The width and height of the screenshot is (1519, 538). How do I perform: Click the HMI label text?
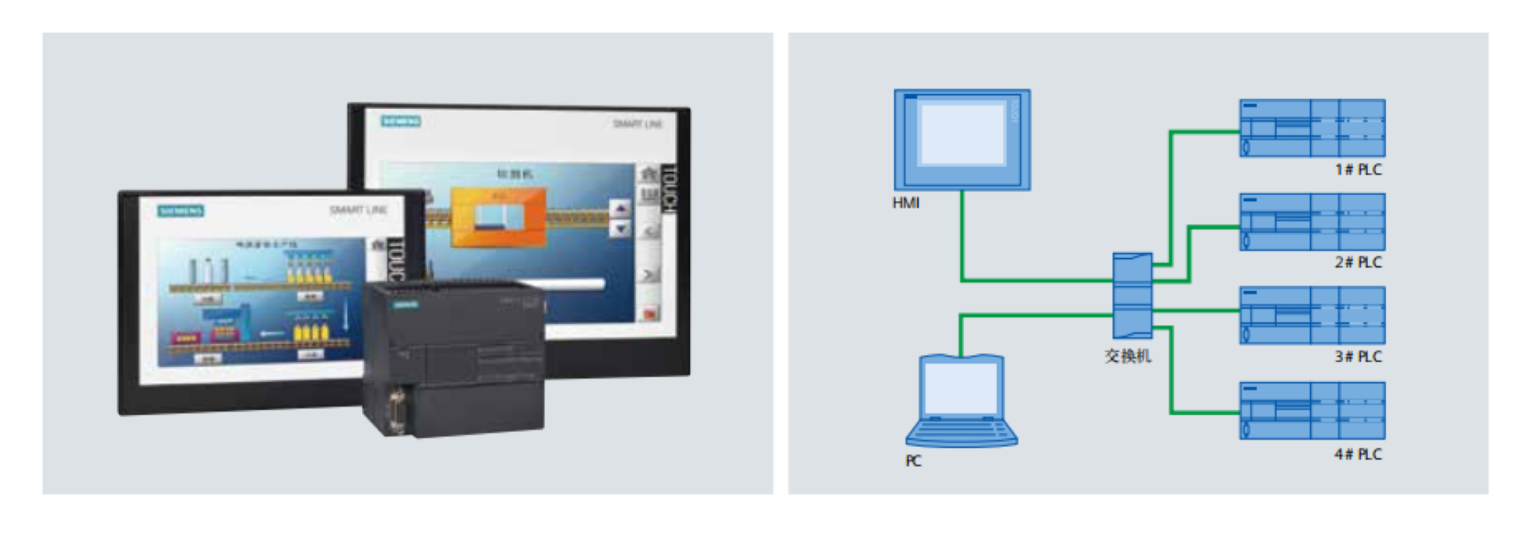pyautogui.click(x=905, y=203)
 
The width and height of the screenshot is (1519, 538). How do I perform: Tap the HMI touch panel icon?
pyautogui.click(x=962, y=139)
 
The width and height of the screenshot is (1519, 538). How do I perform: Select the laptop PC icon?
pyautogui.click(x=961, y=401)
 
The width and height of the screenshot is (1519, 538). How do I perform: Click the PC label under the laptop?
pyautogui.click(x=913, y=461)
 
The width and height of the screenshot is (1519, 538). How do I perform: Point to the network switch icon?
pyautogui.click(x=1132, y=296)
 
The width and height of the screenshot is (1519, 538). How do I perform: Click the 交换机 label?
pyautogui.click(x=1128, y=357)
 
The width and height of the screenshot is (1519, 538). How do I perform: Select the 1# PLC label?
pyautogui.click(x=1357, y=170)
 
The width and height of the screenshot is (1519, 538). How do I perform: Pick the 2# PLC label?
pyautogui.click(x=1357, y=263)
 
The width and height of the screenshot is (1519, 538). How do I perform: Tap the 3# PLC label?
pyautogui.click(x=1357, y=357)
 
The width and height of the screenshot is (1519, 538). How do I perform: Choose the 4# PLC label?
pyautogui.click(x=1357, y=455)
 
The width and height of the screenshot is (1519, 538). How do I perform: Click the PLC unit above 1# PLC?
pyautogui.click(x=1312, y=128)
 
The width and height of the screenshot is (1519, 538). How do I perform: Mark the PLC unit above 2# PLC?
pyautogui.click(x=1312, y=222)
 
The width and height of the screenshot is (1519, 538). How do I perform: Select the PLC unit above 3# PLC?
pyautogui.click(x=1312, y=316)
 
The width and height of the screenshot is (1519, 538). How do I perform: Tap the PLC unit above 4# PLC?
pyautogui.click(x=1312, y=410)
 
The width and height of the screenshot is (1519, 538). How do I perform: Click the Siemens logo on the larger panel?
pyautogui.click(x=401, y=121)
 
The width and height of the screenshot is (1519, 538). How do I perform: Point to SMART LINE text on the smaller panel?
pyautogui.click(x=358, y=210)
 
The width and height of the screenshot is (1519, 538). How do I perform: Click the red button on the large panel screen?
pyautogui.click(x=650, y=313)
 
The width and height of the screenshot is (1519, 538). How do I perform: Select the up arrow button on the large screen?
pyautogui.click(x=620, y=209)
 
